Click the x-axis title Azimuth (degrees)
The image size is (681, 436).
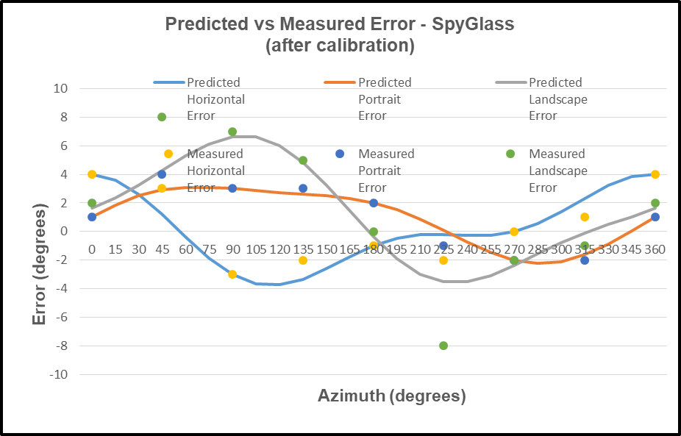(392, 396)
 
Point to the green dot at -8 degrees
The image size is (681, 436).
(443, 346)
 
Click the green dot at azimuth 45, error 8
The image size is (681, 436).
(162, 117)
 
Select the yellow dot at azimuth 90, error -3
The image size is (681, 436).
(232, 274)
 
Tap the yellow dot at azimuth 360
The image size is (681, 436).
(655, 174)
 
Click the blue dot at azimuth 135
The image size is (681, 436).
(303, 188)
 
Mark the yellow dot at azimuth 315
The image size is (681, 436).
(585, 217)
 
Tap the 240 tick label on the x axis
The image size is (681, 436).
(467, 249)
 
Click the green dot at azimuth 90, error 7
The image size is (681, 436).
(232, 132)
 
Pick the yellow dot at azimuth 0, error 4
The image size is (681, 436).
(92, 174)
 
